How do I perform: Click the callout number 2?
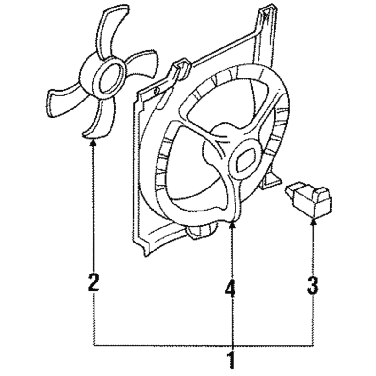94,282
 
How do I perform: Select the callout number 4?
230,287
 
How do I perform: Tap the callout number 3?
313,285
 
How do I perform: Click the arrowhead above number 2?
93,143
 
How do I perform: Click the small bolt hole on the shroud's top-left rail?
157,91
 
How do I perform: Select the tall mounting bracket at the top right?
266,36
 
